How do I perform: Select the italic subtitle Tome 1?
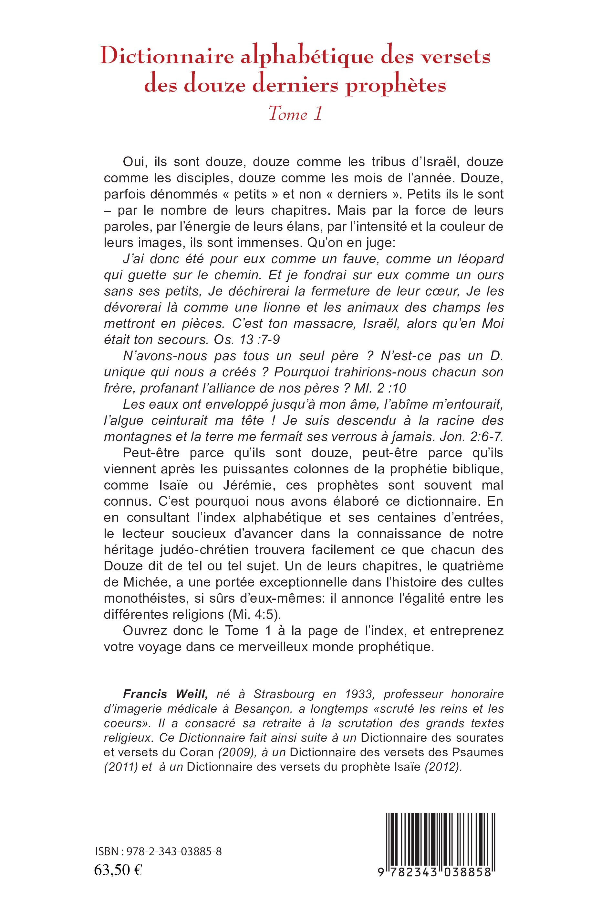[x=295, y=114]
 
